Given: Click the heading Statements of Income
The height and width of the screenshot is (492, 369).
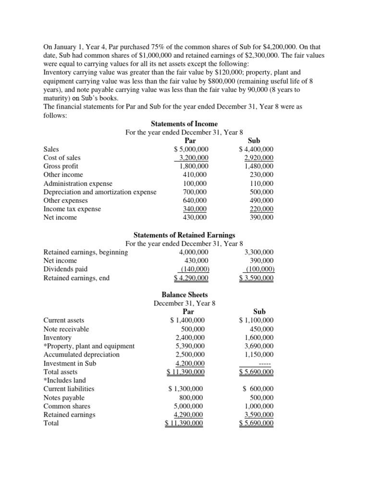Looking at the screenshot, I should tap(184, 124).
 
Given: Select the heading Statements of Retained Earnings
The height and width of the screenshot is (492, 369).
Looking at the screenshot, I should tap(184, 235).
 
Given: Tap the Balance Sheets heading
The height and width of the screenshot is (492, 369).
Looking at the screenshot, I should tap(184, 295).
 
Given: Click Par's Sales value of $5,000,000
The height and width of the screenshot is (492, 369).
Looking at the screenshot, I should tap(191, 149).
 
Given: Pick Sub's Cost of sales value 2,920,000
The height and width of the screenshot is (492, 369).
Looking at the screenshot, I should tap(258, 158).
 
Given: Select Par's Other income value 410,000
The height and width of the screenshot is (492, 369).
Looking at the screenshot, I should tap(194, 174).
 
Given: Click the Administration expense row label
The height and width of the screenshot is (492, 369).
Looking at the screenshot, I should tap(78, 184).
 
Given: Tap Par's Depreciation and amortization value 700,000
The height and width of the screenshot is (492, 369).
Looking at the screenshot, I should tap(194, 192).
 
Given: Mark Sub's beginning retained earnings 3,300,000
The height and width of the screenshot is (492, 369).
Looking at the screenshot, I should tap(259, 252).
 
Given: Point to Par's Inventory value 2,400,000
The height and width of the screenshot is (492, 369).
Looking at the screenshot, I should tap(190, 337).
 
